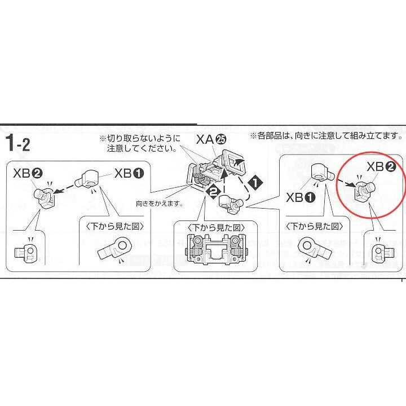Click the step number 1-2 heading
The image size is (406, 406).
pos(17,143)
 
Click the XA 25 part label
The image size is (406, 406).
pos(211,140)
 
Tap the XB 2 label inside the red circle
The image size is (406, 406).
pos(381,167)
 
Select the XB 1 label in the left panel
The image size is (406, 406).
pos(129,173)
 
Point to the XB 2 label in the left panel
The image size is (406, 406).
pos(28,173)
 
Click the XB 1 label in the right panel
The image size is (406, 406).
pos(301,197)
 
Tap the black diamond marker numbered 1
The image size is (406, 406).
pos(255,183)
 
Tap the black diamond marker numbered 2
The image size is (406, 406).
pos(213,192)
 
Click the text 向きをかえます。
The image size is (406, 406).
pos(160,204)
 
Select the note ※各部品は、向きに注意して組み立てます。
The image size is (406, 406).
pos(326,135)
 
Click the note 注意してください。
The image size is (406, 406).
pos(142,148)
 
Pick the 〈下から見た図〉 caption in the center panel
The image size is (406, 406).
pos(216,228)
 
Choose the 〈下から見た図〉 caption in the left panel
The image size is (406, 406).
pos(114,226)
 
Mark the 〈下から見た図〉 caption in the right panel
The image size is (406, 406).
pos(314,226)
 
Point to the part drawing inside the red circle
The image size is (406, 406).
pos(364,191)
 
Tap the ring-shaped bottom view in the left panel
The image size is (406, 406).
pos(115,248)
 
